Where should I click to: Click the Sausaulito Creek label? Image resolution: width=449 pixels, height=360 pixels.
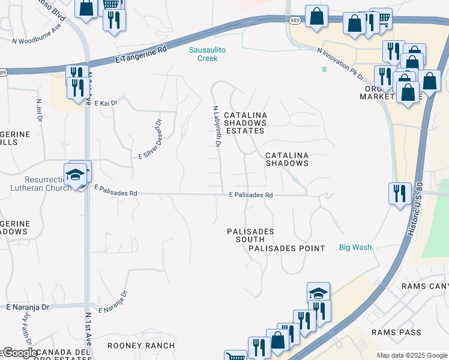(207, 54)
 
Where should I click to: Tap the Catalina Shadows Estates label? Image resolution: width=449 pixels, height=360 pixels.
(244, 122)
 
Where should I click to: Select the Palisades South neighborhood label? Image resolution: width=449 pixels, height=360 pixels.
(250, 235)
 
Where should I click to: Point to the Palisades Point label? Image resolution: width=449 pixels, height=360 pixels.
(286, 248)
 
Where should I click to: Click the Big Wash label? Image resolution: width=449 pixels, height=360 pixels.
(355, 247)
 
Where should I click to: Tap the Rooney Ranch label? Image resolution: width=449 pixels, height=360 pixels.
(141, 346)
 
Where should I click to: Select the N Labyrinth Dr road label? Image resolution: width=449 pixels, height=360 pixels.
(217, 127)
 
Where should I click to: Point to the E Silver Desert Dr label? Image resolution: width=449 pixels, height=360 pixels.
(151, 139)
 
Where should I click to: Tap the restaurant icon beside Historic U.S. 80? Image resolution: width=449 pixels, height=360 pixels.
(400, 193)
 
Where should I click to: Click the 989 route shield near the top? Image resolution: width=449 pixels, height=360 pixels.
(294, 20)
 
